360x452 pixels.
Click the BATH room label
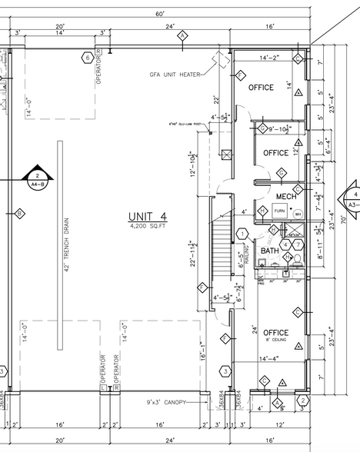(x=269, y=251)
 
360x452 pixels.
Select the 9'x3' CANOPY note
(x=165, y=401)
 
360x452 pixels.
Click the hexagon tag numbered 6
(x=88, y=58)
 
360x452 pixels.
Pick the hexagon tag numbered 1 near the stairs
(x=243, y=233)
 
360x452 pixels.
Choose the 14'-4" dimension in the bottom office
(x=274, y=358)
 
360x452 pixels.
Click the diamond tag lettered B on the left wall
(x=19, y=213)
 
